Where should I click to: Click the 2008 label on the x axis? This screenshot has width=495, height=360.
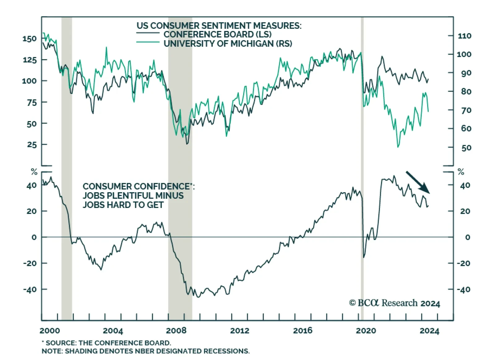176,331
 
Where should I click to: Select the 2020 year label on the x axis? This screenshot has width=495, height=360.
366,331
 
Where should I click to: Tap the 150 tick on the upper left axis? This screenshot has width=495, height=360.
29,39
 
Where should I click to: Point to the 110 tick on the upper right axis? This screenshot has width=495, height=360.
464,36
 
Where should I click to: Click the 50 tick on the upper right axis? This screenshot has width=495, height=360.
466,148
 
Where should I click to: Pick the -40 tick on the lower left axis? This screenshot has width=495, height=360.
30,289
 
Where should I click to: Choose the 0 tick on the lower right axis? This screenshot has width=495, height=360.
467,237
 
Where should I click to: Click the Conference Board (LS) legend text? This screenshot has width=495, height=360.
217,34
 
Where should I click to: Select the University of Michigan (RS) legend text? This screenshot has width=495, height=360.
228,44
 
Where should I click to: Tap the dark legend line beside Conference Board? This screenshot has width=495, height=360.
148,33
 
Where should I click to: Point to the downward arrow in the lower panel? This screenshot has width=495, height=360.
417,182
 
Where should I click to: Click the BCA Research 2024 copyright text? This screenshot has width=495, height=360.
394,303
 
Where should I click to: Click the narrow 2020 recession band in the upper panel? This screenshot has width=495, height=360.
362,93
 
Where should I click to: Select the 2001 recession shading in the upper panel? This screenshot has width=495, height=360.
67,93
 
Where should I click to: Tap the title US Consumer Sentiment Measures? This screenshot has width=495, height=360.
219,25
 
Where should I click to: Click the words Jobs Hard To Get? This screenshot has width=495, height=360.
123,205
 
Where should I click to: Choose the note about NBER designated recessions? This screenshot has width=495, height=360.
145,351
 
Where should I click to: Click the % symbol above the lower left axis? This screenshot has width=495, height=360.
34,172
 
